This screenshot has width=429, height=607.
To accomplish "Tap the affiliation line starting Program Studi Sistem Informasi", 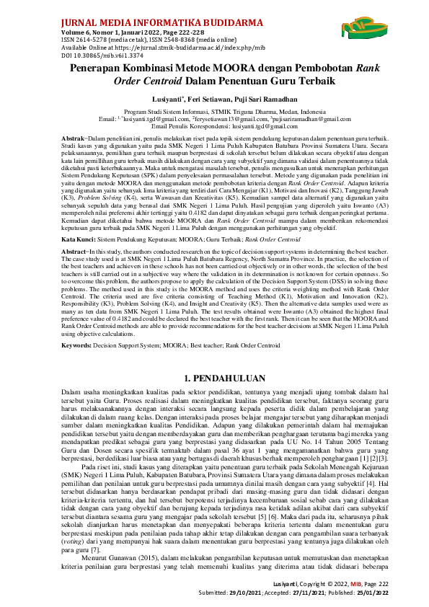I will click(214, 112).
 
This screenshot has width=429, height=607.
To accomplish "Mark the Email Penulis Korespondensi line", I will click(214, 125).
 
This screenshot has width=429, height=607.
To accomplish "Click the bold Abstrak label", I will click(74, 137).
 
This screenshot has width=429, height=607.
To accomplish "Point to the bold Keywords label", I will click(76, 346).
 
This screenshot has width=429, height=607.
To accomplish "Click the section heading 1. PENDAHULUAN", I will click(214, 378).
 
